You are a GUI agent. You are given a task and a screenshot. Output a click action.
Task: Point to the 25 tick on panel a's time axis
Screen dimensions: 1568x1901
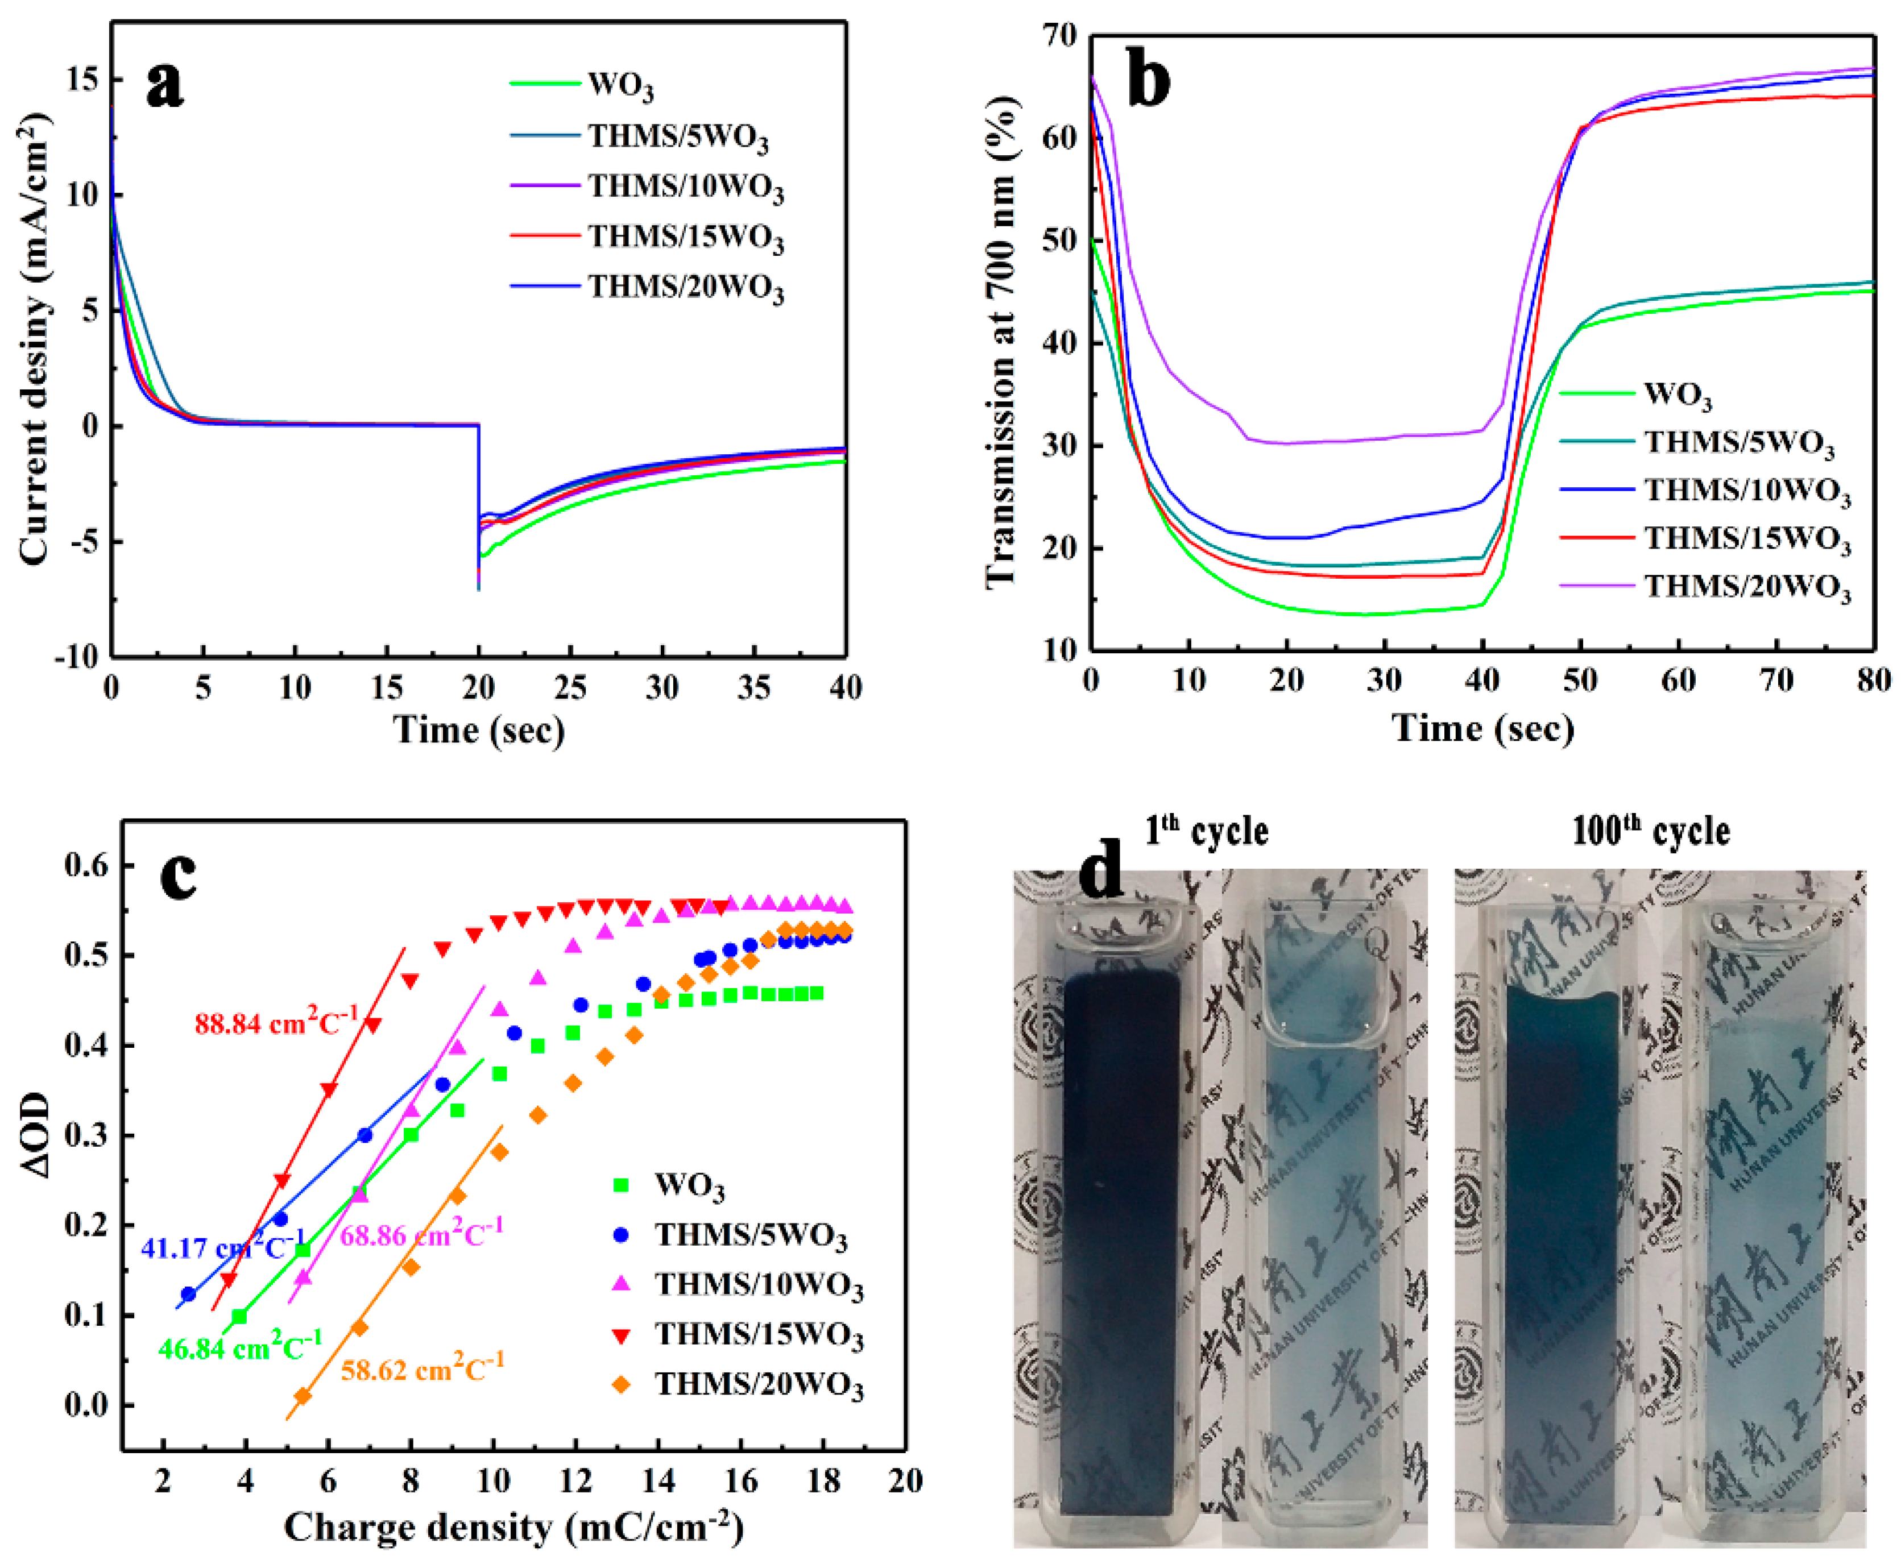point(570,688)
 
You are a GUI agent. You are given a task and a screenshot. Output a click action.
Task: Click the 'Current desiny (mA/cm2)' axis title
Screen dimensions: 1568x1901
point(34,339)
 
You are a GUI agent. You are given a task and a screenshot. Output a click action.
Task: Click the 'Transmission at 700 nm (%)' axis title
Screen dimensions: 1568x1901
point(1000,343)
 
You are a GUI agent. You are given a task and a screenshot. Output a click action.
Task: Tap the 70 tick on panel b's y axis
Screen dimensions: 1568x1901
point(1058,36)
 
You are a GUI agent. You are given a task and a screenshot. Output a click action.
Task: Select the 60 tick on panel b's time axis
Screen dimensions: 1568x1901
point(1678,680)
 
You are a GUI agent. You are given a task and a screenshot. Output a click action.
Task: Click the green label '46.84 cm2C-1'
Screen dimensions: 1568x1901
point(239,1347)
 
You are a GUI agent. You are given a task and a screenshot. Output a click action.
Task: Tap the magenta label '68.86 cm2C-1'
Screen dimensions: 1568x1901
point(421,1233)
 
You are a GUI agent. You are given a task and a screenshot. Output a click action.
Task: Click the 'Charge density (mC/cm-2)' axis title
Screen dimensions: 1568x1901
point(513,1528)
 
